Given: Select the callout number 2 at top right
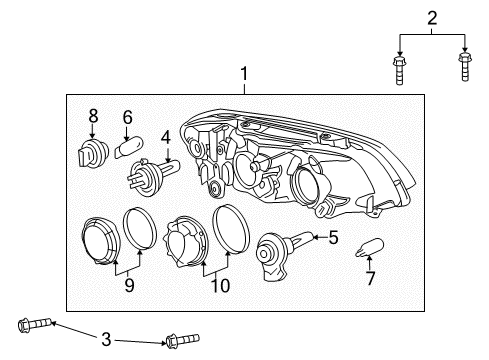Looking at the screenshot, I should click(x=431, y=17).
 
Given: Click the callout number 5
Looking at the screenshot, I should click(x=333, y=238).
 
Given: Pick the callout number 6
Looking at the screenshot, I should click(x=127, y=117).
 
